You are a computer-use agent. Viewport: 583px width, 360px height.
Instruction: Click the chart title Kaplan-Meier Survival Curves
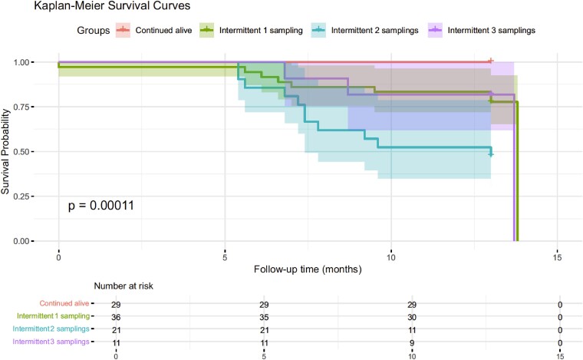pos(112,6)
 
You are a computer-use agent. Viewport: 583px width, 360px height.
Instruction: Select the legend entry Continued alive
pos(154,30)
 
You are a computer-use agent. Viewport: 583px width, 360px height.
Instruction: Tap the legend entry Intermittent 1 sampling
pos(252,30)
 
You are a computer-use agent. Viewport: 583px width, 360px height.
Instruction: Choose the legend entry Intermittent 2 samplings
pos(364,30)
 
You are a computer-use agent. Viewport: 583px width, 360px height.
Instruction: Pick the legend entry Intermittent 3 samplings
pos(482,30)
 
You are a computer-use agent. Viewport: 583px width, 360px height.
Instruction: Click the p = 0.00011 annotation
pos(100,205)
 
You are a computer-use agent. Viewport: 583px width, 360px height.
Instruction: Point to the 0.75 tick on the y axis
pos(21,107)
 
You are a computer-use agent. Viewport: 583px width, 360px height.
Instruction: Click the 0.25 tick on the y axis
pos(21,197)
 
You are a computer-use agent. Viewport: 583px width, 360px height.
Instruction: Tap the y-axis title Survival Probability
pos(5,151)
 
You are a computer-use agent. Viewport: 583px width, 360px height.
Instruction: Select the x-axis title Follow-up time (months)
pos(308,269)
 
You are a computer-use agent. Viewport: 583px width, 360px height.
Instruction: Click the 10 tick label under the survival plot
pos(390,257)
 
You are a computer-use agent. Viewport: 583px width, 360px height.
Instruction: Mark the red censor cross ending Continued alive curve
pos(491,61)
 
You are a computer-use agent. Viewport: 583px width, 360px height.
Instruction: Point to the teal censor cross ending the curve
pos(491,154)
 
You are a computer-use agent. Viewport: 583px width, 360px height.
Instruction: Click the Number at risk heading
pos(124,286)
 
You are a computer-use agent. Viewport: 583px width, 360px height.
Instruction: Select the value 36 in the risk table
pos(116,317)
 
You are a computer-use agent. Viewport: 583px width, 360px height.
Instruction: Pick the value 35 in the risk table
pos(264,317)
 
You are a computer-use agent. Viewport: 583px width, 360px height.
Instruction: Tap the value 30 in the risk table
pos(412,317)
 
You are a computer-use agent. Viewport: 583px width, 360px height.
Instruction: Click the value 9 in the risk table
pos(412,342)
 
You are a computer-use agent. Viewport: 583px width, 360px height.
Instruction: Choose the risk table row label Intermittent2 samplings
pos(51,329)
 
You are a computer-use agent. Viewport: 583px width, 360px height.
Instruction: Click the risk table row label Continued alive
pos(64,303)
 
